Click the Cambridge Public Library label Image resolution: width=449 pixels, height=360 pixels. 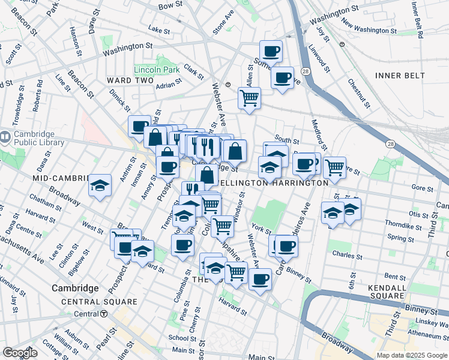41,138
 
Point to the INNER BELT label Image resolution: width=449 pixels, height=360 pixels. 400,76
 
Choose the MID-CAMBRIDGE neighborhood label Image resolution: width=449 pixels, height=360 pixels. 57,179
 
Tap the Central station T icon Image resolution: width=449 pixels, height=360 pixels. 104,314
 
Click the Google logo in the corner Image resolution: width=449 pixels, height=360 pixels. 20,353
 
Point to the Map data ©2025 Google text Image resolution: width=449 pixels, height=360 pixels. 411,355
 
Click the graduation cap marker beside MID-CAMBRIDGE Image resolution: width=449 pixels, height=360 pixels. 100,185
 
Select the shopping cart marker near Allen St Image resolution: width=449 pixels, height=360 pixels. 249,98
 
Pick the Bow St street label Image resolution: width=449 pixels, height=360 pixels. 170,5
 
